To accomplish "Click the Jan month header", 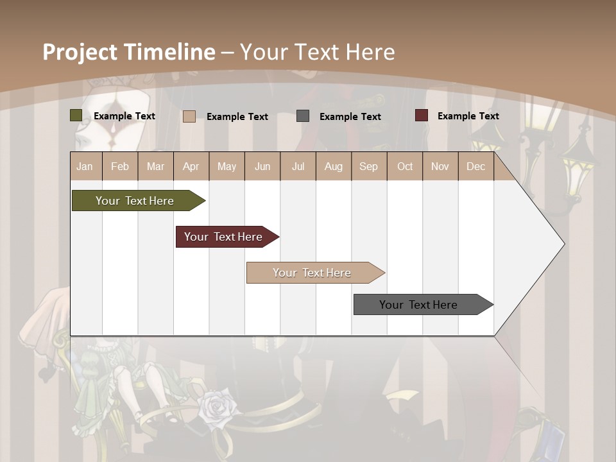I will [x=85, y=166].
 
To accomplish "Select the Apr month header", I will [x=191, y=166].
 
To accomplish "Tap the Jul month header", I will [x=298, y=166].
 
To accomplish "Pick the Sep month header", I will [x=368, y=166].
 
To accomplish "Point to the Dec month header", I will [x=475, y=166].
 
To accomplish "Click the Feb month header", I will [x=120, y=166].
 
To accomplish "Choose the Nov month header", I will [x=440, y=166].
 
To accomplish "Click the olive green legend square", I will [x=76, y=116].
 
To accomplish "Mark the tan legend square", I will [x=189, y=116].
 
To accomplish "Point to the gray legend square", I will [x=303, y=116].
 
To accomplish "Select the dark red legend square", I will [x=421, y=116].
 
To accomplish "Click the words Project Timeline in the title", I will [x=128, y=52].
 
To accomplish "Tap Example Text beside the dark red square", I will [x=468, y=116].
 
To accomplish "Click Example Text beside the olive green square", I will [x=124, y=116].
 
